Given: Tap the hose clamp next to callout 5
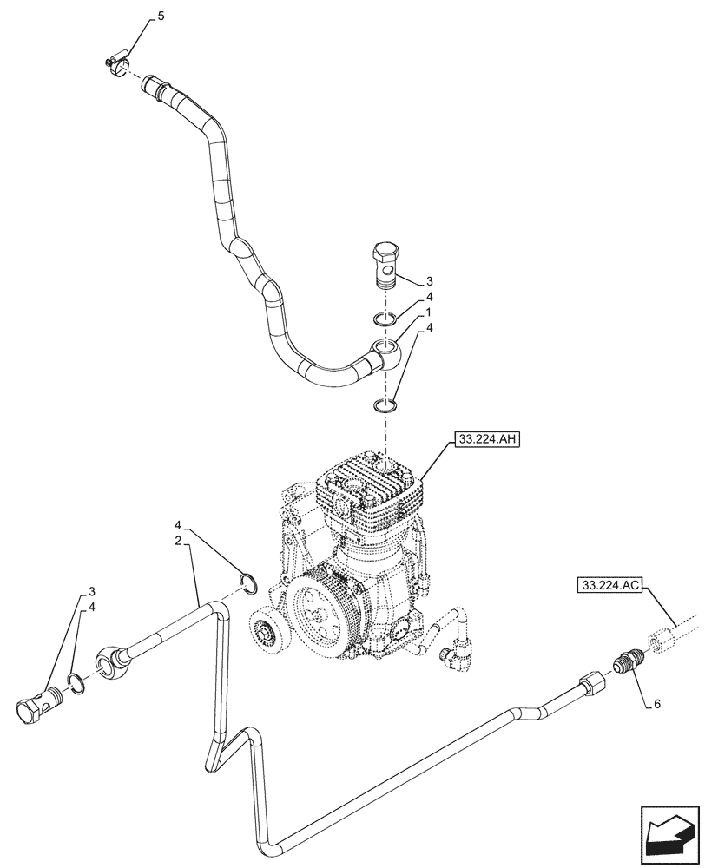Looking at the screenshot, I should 115,62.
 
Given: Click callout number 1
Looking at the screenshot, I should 428,312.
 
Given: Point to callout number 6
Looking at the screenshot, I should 657,704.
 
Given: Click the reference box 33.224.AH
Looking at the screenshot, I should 485,440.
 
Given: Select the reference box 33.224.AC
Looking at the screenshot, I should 608,587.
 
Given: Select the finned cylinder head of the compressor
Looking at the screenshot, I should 371,490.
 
